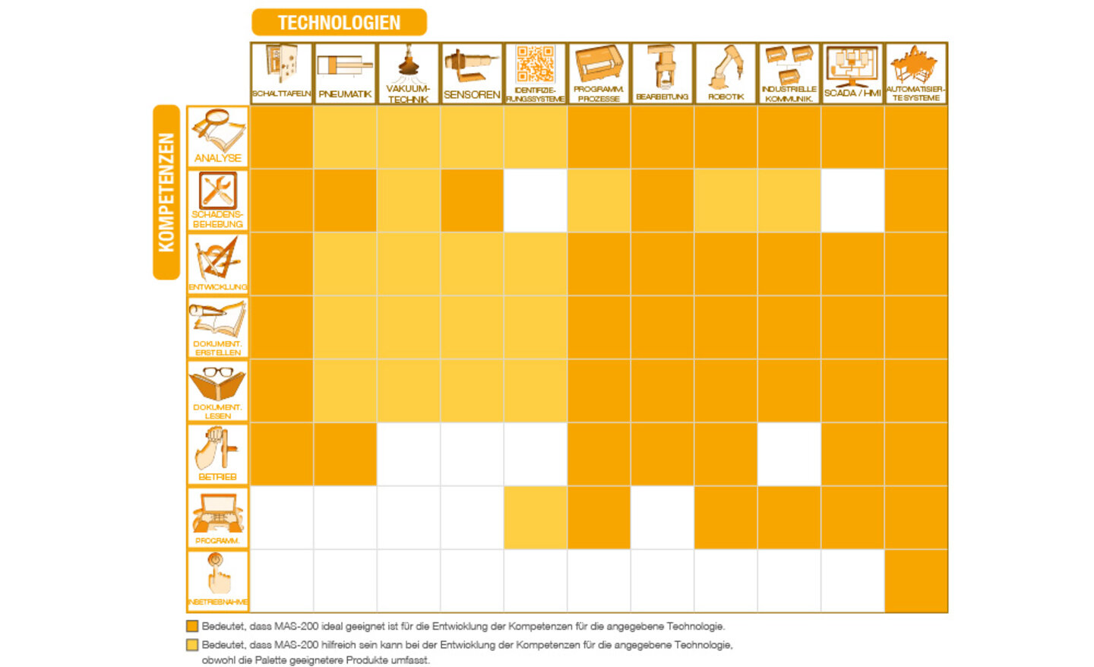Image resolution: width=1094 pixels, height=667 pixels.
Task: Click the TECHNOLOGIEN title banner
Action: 339,22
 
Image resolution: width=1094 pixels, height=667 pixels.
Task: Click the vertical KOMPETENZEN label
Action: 166,192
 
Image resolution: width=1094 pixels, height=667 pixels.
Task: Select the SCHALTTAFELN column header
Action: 281,73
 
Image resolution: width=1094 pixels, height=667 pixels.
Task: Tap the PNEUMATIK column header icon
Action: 345,66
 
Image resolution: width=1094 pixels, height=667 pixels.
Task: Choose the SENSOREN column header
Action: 472,73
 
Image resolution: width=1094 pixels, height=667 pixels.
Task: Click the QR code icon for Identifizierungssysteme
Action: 535,64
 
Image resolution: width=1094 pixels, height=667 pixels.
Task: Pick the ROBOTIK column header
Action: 726,73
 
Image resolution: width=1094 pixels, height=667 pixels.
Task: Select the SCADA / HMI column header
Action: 852,73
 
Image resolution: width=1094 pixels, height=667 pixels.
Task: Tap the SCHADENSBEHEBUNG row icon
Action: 218,190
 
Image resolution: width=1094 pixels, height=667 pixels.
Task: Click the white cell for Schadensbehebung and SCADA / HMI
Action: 852,201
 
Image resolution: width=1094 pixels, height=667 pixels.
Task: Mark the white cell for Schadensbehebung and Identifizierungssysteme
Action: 535,201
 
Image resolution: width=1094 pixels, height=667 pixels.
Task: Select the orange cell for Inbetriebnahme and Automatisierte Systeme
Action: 916,581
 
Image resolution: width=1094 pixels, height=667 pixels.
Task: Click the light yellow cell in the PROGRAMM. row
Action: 535,518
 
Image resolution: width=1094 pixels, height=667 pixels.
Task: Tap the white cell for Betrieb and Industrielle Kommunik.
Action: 789,454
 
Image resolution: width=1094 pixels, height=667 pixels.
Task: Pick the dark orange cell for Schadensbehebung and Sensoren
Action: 472,201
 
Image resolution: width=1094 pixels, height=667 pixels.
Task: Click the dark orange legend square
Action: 192,627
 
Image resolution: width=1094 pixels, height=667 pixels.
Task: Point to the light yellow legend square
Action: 192,645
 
